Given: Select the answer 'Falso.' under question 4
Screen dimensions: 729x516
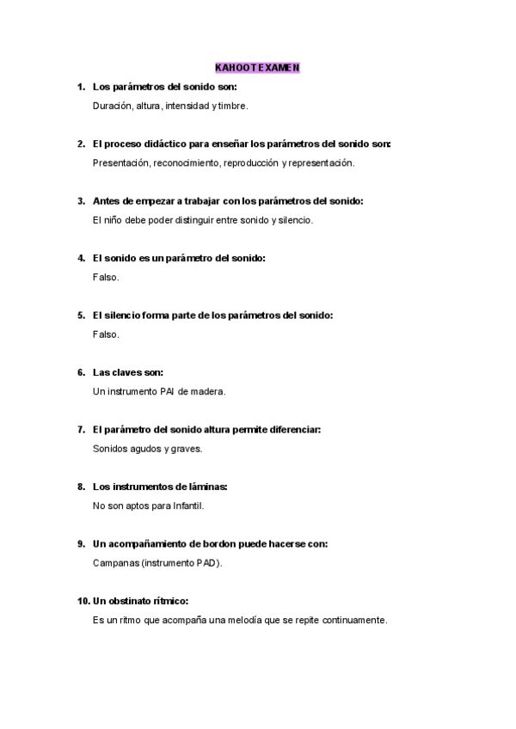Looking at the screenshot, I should click(x=106, y=277).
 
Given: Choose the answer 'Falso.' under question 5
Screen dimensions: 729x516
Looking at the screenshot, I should click(x=106, y=334).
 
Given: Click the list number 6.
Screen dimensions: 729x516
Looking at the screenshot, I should click(x=81, y=372).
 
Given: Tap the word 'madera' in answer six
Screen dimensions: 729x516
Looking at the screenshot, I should click(x=207, y=392).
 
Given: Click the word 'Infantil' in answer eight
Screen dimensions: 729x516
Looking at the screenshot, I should click(x=185, y=506).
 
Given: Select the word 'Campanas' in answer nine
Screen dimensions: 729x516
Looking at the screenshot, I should click(x=114, y=563).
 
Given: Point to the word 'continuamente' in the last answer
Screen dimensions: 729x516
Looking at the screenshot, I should click(x=353, y=620).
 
